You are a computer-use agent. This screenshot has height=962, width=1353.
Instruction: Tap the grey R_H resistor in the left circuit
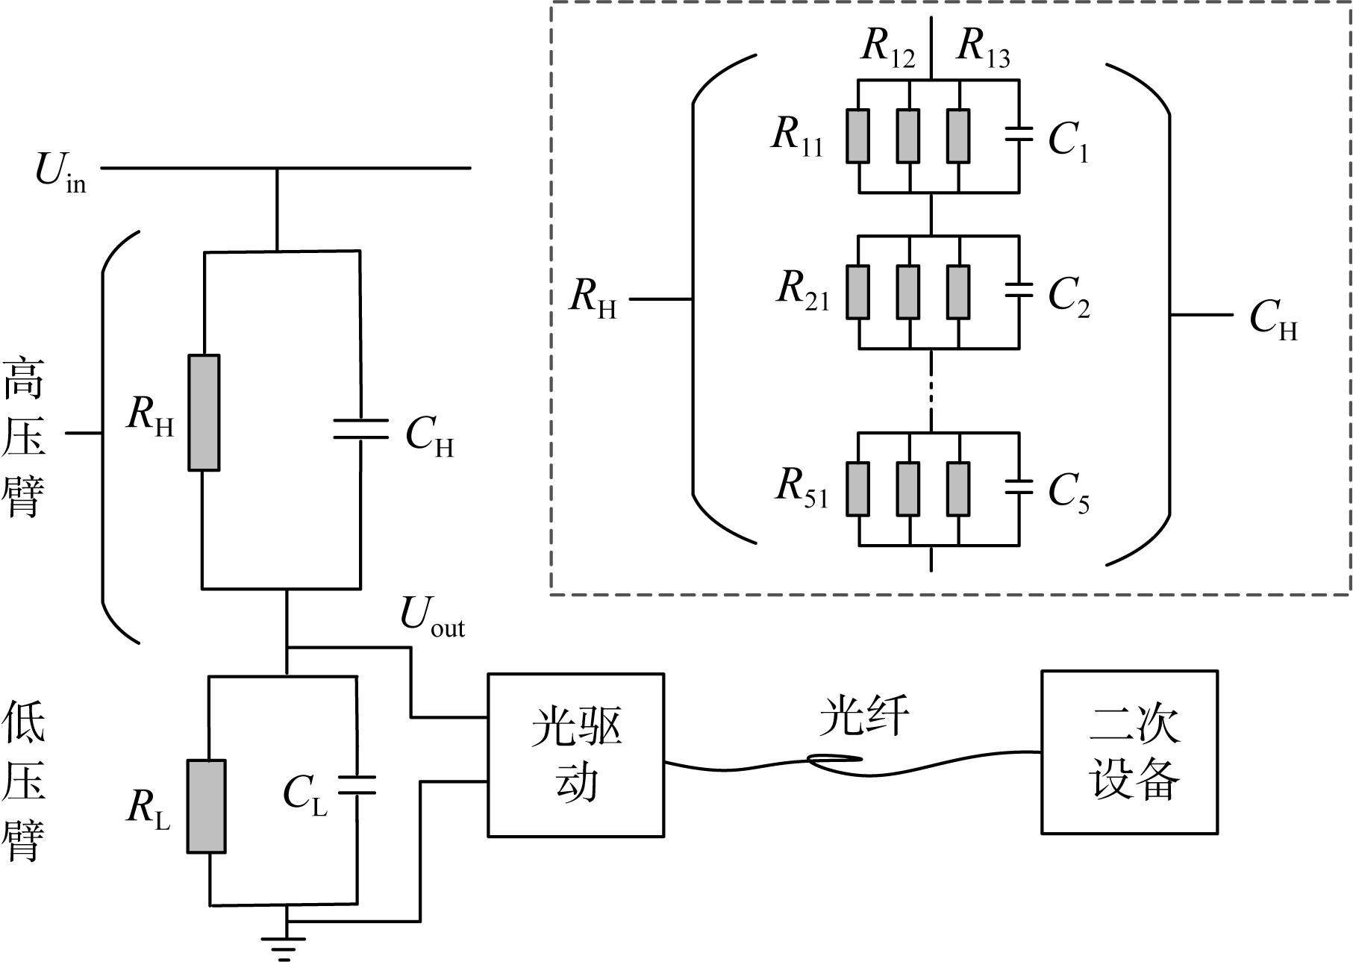click(x=204, y=413)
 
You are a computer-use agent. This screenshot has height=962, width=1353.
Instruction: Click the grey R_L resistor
click(x=206, y=806)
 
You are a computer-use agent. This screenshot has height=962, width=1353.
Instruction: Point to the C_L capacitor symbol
click(x=357, y=784)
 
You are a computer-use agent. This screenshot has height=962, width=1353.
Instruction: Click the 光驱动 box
click(x=576, y=755)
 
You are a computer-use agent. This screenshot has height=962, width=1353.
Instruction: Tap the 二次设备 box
click(x=1130, y=752)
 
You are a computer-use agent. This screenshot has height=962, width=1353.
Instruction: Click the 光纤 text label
click(x=864, y=717)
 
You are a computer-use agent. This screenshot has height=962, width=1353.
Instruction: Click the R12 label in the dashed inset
click(x=888, y=48)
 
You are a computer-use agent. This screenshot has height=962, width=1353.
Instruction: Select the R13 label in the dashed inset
click(x=984, y=48)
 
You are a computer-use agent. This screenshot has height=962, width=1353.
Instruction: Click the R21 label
click(x=803, y=290)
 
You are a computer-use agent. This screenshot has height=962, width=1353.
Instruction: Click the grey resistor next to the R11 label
click(x=858, y=136)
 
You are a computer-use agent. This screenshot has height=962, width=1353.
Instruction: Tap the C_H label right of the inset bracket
click(x=1274, y=320)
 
